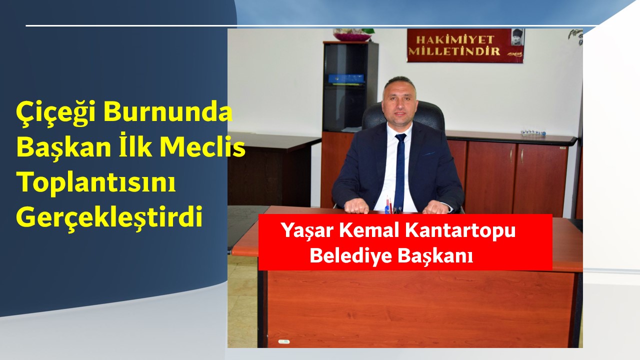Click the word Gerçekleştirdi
tap(109, 218)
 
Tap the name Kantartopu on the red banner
tap(460, 230)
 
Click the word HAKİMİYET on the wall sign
tap(451, 39)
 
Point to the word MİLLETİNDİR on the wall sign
tap(454, 51)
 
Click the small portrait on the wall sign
tap(517, 37)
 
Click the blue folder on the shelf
tap(346, 78)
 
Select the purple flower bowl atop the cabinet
tap(352, 35)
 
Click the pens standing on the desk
tap(389, 205)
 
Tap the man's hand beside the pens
tap(356, 206)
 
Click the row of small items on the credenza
tap(533, 133)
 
